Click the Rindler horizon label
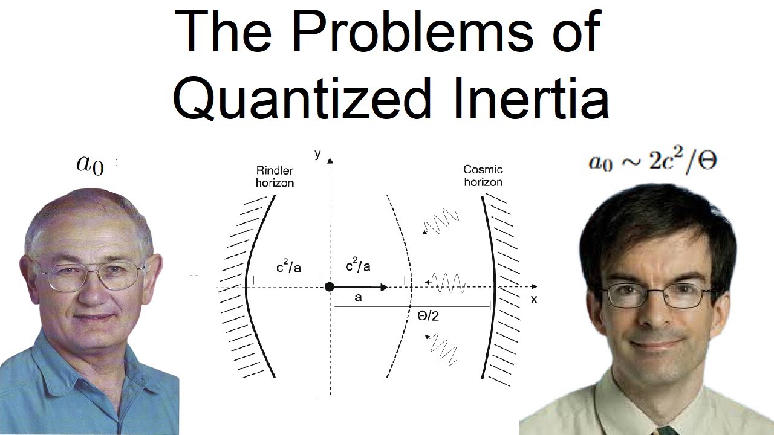[x=274, y=176]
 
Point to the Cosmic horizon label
[x=483, y=175]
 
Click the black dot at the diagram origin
[x=330, y=286]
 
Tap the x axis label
[x=534, y=298]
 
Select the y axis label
[x=318, y=154]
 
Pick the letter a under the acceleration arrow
[x=359, y=298]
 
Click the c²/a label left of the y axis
[x=289, y=266]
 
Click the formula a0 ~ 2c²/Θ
[x=652, y=162]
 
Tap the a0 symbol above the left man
[x=90, y=164]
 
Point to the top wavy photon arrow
[x=441, y=222]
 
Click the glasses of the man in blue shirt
[x=91, y=275]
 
